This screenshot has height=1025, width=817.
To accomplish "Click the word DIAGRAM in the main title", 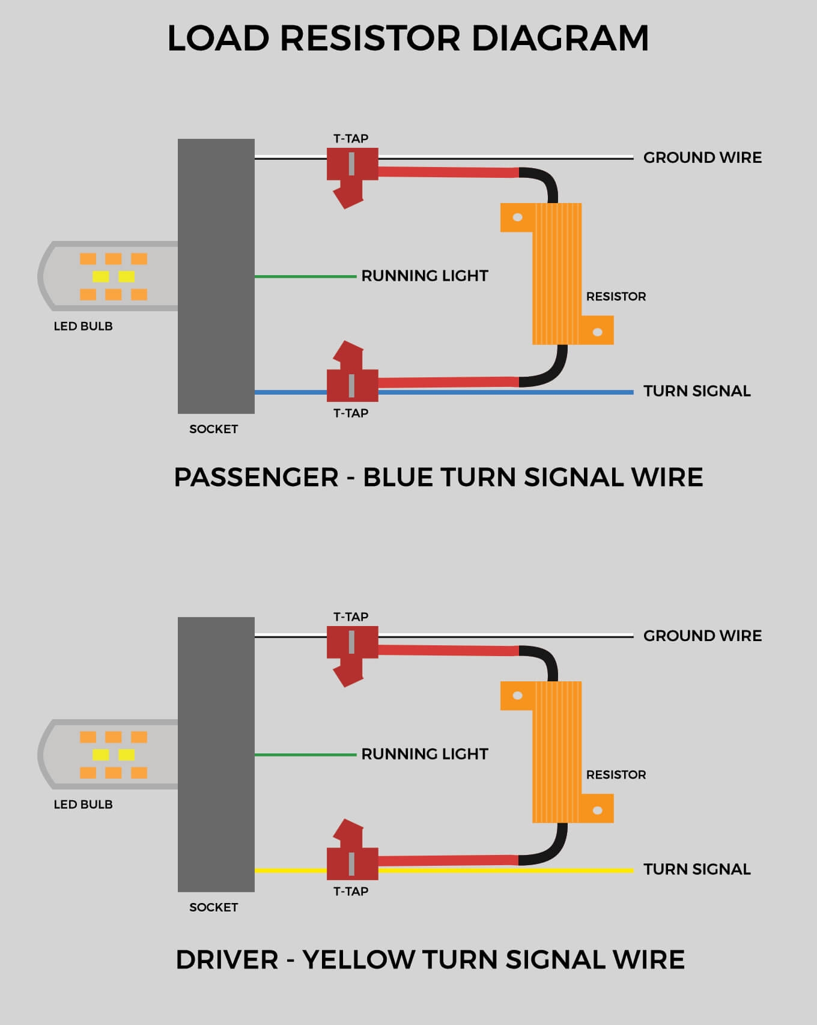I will pos(560,38).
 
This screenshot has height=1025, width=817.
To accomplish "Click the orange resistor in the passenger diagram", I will pos(557,274).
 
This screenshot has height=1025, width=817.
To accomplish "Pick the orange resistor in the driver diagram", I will pos(557,752).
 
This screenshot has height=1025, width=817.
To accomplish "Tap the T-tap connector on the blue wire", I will pos(352,379).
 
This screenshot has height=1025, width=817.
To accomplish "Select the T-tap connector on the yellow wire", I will pos(352,857).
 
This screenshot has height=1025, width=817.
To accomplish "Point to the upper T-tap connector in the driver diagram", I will pos(352,648).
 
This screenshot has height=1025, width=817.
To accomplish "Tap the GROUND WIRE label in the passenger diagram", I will pos(702,157).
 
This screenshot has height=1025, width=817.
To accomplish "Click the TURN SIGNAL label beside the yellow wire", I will pos(697,869).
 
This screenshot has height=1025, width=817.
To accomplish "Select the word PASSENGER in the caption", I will pos(256,478).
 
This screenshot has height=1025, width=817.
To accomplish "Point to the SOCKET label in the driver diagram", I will pos(213,907).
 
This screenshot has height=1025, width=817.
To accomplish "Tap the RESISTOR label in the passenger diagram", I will pos(616,296).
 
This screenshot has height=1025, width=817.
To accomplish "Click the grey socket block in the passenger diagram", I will pos(216,276).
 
